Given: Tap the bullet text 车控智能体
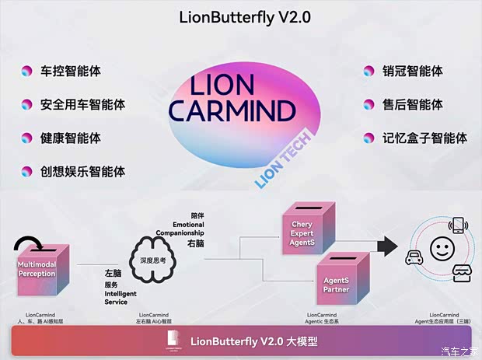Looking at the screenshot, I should (70, 72).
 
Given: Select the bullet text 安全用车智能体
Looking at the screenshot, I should (82, 104).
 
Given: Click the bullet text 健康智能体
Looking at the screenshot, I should (70, 138).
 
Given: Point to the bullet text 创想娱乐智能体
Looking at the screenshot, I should (82, 171).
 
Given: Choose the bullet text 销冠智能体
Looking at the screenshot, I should (412, 72).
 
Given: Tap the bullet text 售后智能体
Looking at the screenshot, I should (412, 104).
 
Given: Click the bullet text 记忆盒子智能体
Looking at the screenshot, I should (424, 138).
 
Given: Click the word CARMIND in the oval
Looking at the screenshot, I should (233, 111).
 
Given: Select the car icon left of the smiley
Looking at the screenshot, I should (414, 258).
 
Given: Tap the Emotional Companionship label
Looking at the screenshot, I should (180, 229).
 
